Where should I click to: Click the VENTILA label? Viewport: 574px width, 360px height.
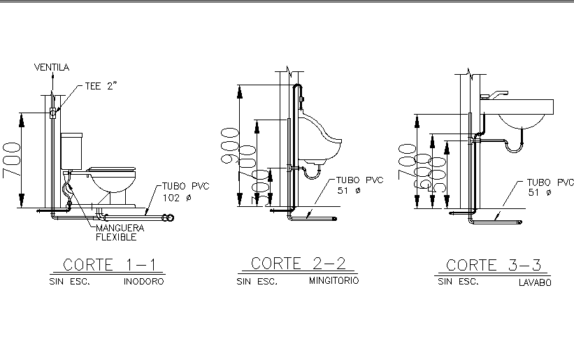click(x=52, y=67)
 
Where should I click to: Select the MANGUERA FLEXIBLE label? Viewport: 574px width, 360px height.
click(x=120, y=233)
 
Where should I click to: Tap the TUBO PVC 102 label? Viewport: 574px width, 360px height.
click(x=186, y=192)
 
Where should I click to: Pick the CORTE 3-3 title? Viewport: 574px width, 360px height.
click(x=494, y=265)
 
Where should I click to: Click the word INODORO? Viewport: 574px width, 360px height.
click(x=144, y=282)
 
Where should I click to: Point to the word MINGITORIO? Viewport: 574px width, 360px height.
click(x=333, y=281)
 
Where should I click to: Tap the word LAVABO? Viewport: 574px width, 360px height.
click(x=535, y=283)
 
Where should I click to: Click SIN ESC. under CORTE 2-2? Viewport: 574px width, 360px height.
click(x=257, y=282)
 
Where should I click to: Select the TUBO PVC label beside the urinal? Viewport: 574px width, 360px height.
click(x=360, y=185)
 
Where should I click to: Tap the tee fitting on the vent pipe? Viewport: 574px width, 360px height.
click(x=52, y=112)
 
